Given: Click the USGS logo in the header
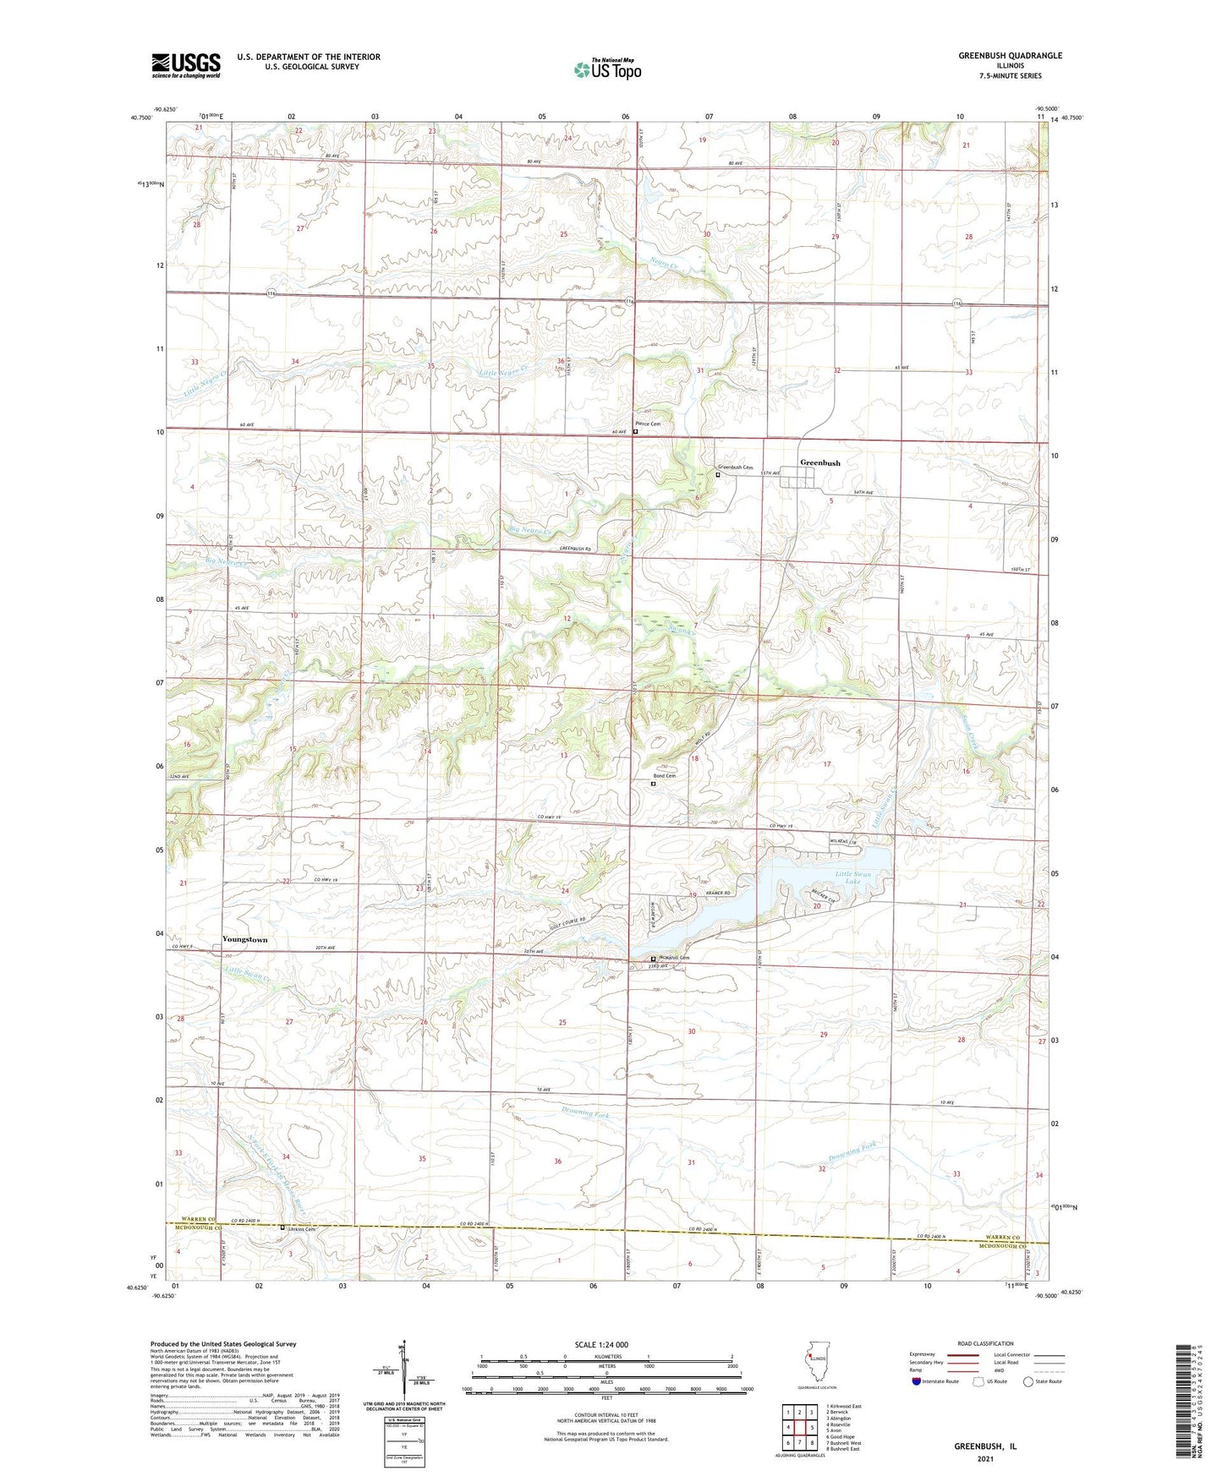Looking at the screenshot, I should (185, 65).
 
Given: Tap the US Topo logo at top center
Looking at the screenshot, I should (606, 69).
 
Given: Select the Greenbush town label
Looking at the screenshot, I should (819, 463).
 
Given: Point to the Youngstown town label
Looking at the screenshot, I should (244, 939).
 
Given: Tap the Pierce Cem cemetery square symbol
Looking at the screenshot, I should (635, 432).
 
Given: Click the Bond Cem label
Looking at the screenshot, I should (664, 776).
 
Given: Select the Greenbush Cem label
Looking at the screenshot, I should (735, 467).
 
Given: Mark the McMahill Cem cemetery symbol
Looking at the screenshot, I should (652, 959).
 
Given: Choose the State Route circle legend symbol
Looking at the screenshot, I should (1027, 1382).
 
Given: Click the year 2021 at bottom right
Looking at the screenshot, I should (985, 1458).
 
